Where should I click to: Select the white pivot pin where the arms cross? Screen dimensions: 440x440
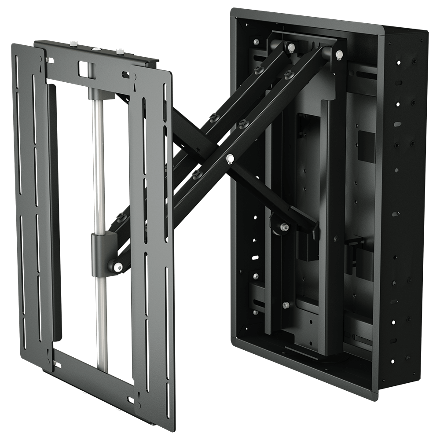(x=229, y=157)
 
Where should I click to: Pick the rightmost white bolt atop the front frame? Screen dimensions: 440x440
(x=120, y=51)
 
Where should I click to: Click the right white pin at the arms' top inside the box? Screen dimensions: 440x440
(x=339, y=55)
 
